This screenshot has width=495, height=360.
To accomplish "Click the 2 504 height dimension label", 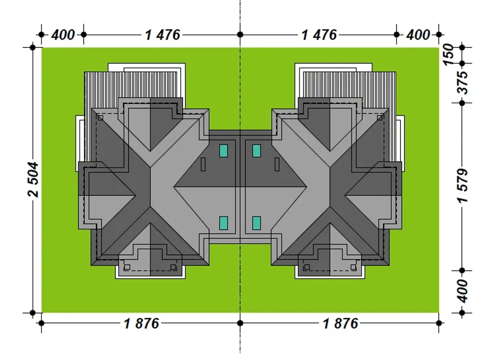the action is [x=33, y=179].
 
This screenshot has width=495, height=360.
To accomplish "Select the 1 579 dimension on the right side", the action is [x=462, y=186].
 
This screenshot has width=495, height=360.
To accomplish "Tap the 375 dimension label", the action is [x=462, y=83].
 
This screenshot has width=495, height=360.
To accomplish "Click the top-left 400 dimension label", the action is [x=63, y=35].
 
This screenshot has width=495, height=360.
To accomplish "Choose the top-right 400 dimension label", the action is [x=418, y=35].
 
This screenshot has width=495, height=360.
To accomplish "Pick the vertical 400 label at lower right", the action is [x=462, y=291].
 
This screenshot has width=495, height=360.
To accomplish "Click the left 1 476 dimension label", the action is [x=162, y=35].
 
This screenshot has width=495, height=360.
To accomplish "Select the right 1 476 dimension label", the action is [x=319, y=35].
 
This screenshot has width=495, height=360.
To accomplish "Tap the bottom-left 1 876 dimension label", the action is [x=141, y=324].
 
